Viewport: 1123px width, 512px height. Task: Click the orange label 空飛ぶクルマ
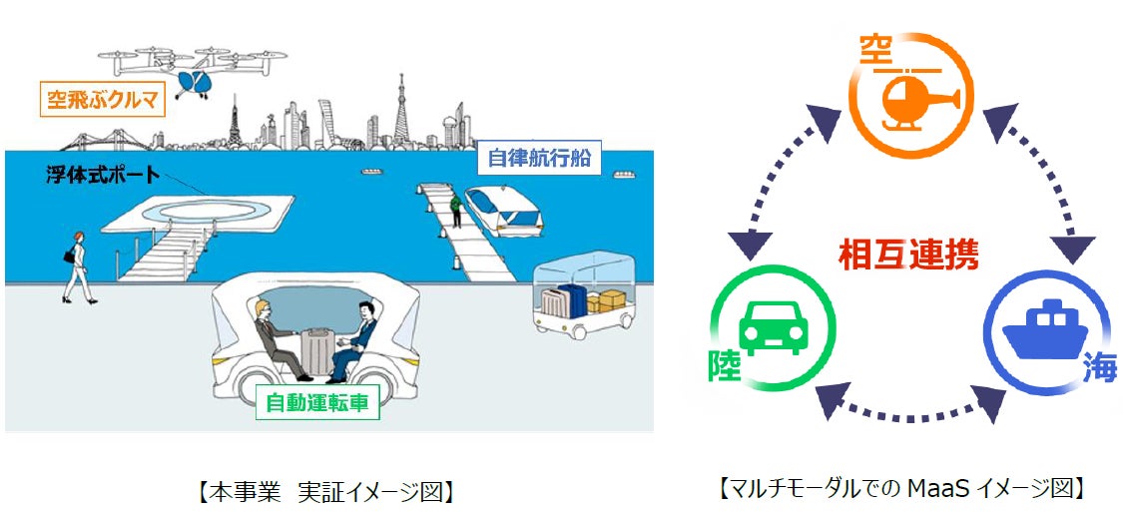[99, 100]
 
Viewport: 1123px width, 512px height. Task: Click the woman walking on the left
[75, 265]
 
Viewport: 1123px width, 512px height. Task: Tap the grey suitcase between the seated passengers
[314, 353]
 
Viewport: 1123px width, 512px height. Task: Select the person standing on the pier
[456, 209]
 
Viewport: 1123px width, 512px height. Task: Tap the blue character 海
[1098, 373]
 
